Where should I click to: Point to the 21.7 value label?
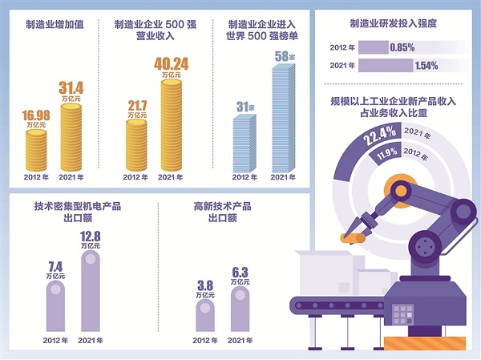coord(138,106)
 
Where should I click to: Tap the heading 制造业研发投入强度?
coord(393,24)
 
